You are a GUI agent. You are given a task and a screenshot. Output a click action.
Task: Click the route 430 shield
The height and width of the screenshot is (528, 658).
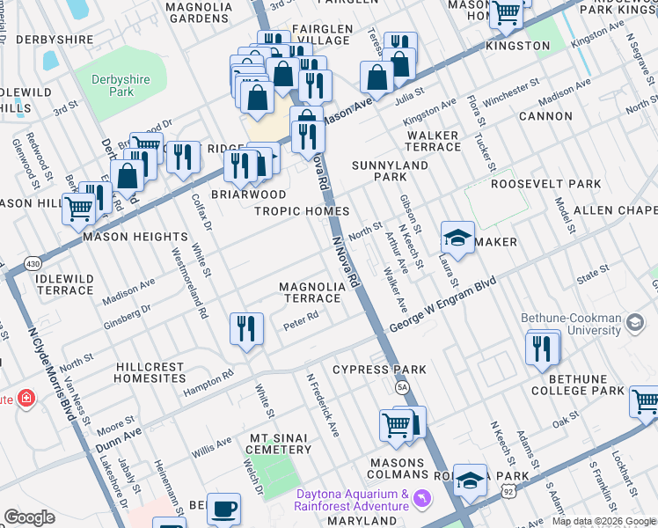[33, 263]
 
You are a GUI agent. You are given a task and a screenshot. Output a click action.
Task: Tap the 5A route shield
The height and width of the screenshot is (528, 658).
[401, 386]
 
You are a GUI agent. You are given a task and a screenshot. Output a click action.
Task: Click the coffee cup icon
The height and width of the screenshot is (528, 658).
[223, 508]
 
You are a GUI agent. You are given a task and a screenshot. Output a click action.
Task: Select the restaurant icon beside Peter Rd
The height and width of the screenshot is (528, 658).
[247, 329]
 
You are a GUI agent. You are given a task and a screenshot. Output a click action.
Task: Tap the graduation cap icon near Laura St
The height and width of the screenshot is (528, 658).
[457, 237]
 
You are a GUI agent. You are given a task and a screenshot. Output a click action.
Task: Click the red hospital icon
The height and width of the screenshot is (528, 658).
[27, 399]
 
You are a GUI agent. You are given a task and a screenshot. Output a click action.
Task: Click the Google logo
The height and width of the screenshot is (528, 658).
[30, 517]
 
